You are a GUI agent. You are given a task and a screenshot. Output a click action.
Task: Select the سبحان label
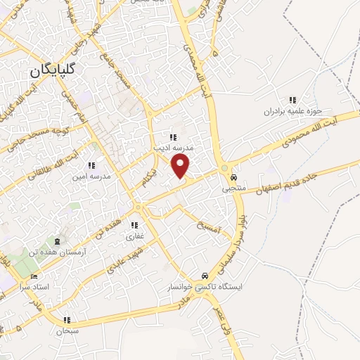pos(67,329)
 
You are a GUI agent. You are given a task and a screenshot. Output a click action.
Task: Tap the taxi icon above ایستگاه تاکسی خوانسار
pos(203,276)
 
